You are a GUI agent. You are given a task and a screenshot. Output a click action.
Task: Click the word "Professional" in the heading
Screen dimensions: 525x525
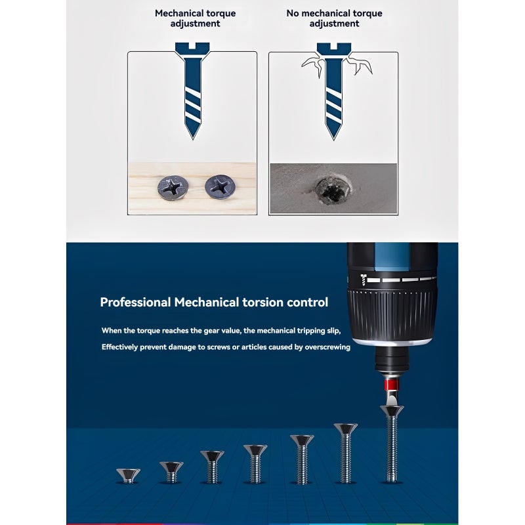[x=136, y=303]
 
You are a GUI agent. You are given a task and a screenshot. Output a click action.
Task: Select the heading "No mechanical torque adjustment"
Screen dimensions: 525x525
[x=334, y=18]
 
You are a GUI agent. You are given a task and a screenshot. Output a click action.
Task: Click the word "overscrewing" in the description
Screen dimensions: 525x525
[x=327, y=347]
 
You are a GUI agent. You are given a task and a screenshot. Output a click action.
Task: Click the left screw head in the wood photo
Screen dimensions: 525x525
[x=173, y=188]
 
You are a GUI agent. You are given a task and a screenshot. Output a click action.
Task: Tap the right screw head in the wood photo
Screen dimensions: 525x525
[x=220, y=186]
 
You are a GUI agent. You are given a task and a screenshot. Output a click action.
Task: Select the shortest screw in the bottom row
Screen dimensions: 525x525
[x=128, y=475]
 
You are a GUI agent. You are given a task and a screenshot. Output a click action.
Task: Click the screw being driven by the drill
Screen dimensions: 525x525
[x=392, y=444]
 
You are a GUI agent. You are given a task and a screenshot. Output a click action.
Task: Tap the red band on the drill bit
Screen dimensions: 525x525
[x=391, y=385]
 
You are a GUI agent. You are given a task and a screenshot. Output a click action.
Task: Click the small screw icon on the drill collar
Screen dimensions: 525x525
[x=364, y=280]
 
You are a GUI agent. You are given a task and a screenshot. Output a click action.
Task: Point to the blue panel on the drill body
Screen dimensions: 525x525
[x=391, y=257]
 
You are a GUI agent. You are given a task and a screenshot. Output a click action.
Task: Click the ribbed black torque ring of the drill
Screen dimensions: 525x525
[x=392, y=315]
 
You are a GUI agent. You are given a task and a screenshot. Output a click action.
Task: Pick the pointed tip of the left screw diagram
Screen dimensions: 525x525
[x=192, y=138]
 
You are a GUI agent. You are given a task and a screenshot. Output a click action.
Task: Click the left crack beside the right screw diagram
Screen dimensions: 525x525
[x=313, y=64]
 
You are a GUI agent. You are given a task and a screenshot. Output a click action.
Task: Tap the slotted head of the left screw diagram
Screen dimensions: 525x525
[x=192, y=49]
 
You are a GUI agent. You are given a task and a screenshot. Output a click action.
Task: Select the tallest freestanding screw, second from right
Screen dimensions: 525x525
[x=346, y=453]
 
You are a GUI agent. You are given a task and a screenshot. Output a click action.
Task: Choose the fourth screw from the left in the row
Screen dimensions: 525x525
[x=255, y=464]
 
